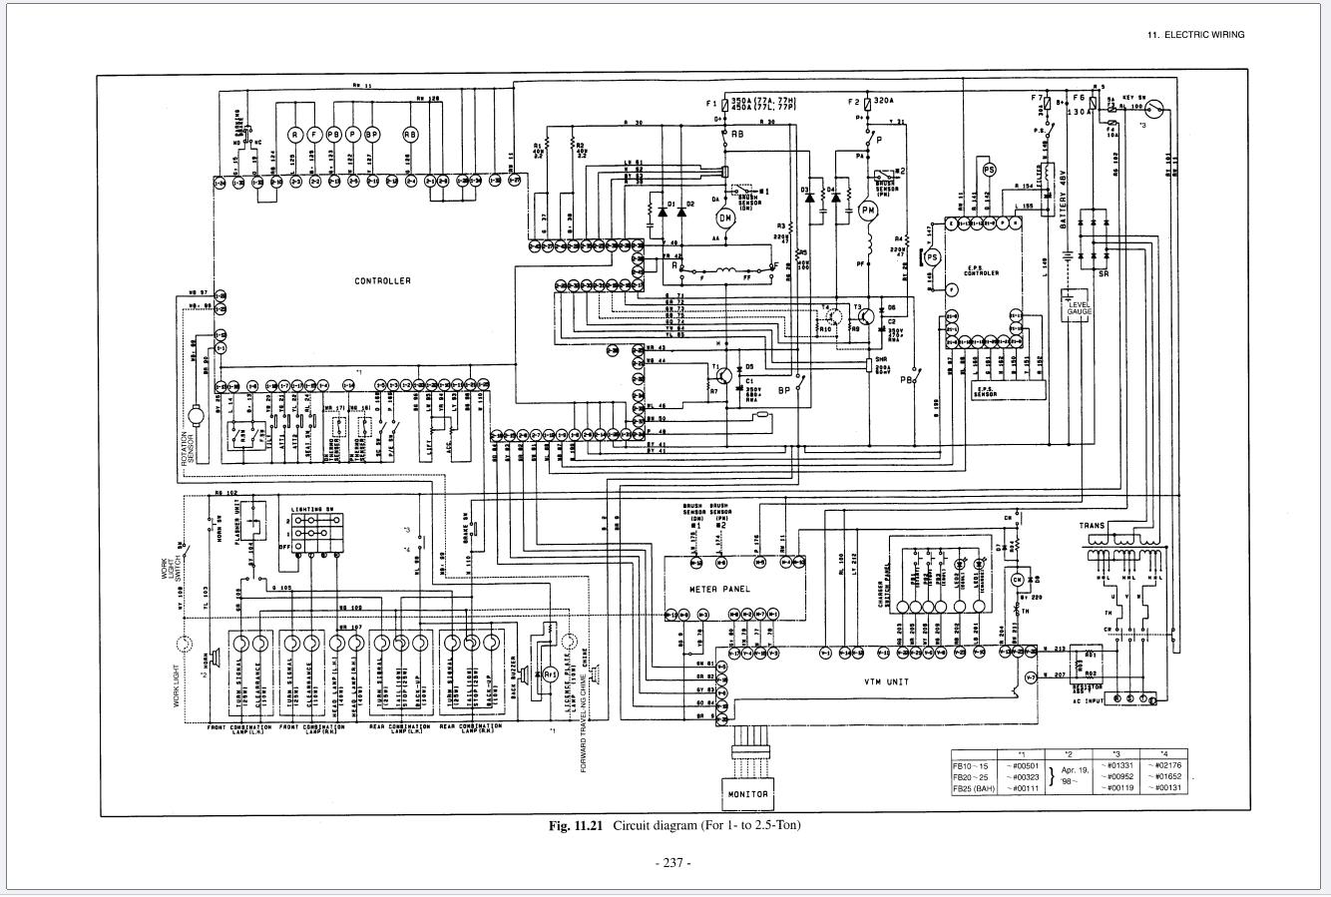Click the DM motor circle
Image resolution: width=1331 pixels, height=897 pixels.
tap(725, 218)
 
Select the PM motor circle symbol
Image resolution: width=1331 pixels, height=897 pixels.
tap(868, 211)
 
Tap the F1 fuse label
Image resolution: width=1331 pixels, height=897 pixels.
tap(711, 104)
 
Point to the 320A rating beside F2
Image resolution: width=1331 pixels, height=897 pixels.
tap(884, 101)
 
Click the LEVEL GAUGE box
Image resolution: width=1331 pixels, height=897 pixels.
tap(1079, 307)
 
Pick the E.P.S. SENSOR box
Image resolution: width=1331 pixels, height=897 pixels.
tap(985, 392)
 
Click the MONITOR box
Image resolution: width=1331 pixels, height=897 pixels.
tap(747, 794)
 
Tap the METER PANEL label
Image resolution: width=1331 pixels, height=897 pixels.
tap(720, 589)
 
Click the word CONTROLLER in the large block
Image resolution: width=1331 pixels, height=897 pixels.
tap(382, 281)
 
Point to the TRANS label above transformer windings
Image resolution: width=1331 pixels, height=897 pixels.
tap(1091, 526)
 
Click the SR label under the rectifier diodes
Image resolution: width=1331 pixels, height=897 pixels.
tap(1103, 273)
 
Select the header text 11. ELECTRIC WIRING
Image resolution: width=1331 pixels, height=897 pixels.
tap(1195, 35)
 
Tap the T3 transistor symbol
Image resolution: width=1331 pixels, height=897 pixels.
tap(864, 314)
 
